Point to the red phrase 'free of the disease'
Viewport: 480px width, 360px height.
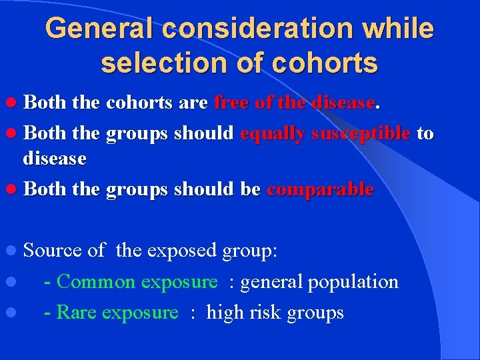(x=295, y=103)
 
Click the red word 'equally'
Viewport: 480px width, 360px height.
(x=269, y=133)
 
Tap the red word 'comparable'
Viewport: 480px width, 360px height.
(x=320, y=189)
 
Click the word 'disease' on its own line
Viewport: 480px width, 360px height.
(x=55, y=159)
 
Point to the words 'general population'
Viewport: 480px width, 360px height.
(x=319, y=282)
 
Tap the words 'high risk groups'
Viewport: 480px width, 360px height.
(x=275, y=313)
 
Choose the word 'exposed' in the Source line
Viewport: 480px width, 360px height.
(x=177, y=251)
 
